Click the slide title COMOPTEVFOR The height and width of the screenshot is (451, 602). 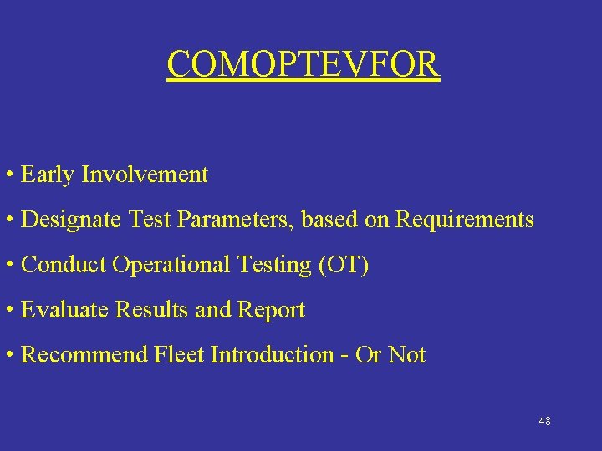point(303,64)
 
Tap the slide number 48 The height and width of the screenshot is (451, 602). point(544,421)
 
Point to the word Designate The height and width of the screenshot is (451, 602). point(71,220)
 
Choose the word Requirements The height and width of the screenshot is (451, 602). point(464,220)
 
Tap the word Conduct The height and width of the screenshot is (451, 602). point(64,265)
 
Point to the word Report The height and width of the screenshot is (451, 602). point(272,310)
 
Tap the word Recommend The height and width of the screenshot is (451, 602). point(84,355)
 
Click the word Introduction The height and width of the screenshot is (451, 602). point(272,355)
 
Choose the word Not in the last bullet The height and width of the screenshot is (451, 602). point(407,355)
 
